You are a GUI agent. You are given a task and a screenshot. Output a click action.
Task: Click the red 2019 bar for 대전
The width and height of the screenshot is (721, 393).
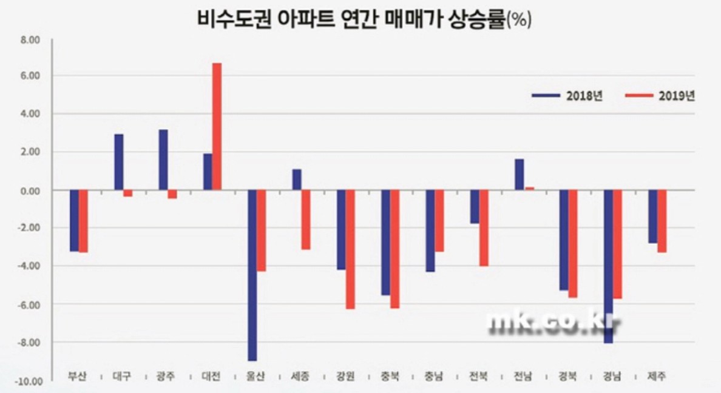pyautogui.click(x=217, y=127)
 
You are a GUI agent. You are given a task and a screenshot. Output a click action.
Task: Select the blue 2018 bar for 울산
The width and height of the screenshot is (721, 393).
pyautogui.click(x=252, y=275)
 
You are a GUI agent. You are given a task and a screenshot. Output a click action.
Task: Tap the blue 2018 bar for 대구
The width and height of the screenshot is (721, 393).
pyautogui.click(x=119, y=163)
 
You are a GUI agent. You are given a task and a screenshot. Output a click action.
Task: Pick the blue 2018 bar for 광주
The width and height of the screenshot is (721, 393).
pyautogui.click(x=163, y=160)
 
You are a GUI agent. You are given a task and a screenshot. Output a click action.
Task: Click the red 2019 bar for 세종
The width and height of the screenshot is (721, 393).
pyautogui.click(x=306, y=220)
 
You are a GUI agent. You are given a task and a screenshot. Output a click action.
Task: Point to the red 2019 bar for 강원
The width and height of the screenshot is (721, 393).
pyautogui.click(x=350, y=249)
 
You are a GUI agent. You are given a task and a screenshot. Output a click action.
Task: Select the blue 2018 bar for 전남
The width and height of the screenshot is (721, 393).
pyautogui.click(x=520, y=175)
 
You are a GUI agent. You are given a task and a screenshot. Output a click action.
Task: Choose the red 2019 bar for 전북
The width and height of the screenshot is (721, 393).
pyautogui.click(x=484, y=228)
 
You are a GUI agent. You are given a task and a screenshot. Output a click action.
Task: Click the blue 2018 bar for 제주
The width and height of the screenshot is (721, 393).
pyautogui.click(x=653, y=217)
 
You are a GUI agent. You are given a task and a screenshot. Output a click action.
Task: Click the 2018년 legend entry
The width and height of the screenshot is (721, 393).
pyautogui.click(x=567, y=96)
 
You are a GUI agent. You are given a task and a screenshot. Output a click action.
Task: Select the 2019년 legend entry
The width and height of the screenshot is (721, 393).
pyautogui.click(x=658, y=96)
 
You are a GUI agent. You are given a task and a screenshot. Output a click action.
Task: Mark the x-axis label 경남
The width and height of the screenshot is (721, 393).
pyautogui.click(x=612, y=377)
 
